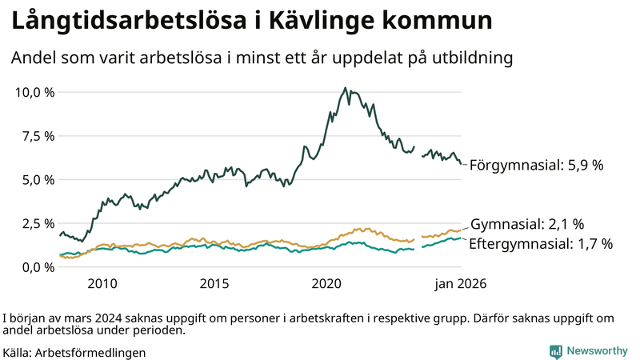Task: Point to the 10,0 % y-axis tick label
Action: click(35, 92)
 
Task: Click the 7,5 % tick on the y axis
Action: click(38, 136)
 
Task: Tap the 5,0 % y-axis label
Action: click(38, 180)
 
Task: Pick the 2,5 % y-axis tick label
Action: click(38, 223)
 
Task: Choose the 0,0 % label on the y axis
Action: click(38, 267)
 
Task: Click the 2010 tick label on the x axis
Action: click(102, 284)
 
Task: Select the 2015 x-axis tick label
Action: click(214, 284)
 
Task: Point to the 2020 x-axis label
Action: click(326, 284)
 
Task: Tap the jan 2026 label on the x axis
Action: click(460, 284)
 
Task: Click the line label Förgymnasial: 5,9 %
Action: click(535, 166)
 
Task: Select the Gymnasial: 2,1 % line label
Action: click(527, 224)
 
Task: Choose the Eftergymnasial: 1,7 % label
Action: click(540, 244)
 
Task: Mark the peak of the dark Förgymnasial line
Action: click(344, 88)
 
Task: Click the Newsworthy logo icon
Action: click(555, 351)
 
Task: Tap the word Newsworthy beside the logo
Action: click(597, 351)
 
